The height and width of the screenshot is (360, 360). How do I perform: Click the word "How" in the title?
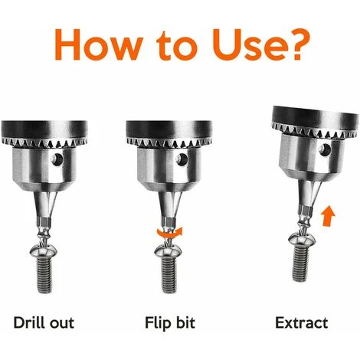(99, 44)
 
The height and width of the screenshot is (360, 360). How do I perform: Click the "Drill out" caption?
(44, 322)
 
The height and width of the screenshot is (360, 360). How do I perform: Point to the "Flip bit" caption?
(170, 323)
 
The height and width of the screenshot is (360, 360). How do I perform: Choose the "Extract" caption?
(302, 322)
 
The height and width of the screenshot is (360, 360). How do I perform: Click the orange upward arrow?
(328, 215)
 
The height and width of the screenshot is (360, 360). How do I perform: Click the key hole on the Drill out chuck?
(57, 159)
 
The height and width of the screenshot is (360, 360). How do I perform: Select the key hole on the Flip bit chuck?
(182, 159)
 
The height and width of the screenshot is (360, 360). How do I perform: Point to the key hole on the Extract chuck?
(326, 149)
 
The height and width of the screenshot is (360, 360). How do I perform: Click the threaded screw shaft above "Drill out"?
(45, 275)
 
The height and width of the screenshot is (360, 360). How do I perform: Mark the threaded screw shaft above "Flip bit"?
(169, 275)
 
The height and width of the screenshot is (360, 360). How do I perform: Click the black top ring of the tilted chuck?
(316, 116)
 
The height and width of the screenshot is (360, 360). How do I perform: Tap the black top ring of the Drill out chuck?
(44, 129)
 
